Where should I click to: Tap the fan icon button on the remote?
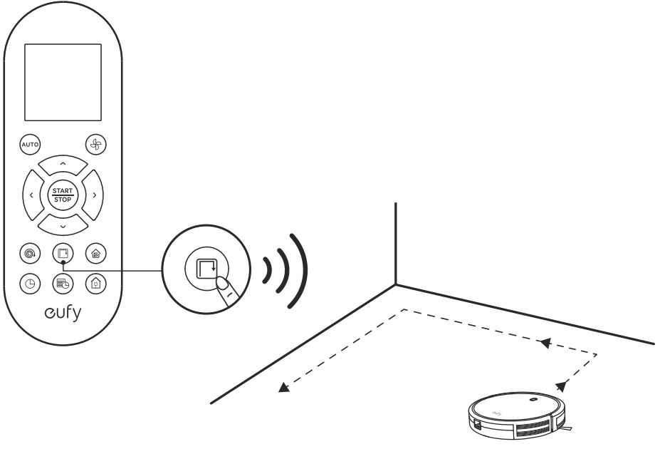click(x=96, y=144)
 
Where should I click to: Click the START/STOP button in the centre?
click(x=63, y=195)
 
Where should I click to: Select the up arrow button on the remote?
click(x=63, y=164)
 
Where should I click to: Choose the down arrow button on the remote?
click(x=63, y=225)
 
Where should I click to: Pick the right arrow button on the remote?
click(x=93, y=195)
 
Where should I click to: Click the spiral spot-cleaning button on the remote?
click(x=30, y=253)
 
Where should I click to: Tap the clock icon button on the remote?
click(x=30, y=284)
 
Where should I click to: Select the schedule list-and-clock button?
click(x=63, y=284)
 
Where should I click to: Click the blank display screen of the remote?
click(x=63, y=83)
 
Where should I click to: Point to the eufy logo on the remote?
click(x=63, y=313)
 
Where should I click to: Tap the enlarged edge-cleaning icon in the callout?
click(x=206, y=268)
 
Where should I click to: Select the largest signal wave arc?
click(x=300, y=270)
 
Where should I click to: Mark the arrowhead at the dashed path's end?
click(x=283, y=386)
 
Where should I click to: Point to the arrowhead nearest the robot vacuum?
click(x=560, y=386)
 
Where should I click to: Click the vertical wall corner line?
click(x=395, y=244)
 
